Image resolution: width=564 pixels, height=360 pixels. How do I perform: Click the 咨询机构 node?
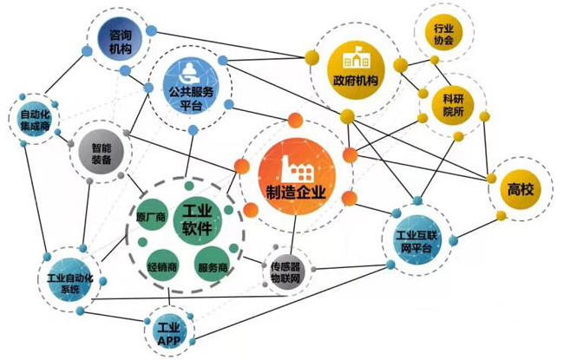click(120, 40)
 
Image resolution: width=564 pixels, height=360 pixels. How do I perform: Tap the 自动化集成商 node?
click(35, 120)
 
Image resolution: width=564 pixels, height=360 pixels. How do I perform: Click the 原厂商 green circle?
click(152, 216)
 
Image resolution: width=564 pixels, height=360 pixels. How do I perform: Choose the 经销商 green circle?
click(162, 266)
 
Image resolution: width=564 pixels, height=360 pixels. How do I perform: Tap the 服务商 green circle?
click(213, 266)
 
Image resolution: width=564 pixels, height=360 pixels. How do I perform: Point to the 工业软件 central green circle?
click(198, 221)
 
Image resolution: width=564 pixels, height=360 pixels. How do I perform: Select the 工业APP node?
click(169, 333)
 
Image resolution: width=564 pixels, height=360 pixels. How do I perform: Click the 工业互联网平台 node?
click(417, 240)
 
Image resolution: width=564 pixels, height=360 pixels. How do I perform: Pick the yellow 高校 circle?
click(520, 189)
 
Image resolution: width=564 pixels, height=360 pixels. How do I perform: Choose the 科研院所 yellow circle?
click(453, 105)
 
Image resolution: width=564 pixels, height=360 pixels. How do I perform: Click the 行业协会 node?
click(443, 34)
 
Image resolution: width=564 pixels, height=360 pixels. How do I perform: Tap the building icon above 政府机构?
click(357, 57)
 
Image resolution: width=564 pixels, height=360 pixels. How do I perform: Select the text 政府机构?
click(356, 81)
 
